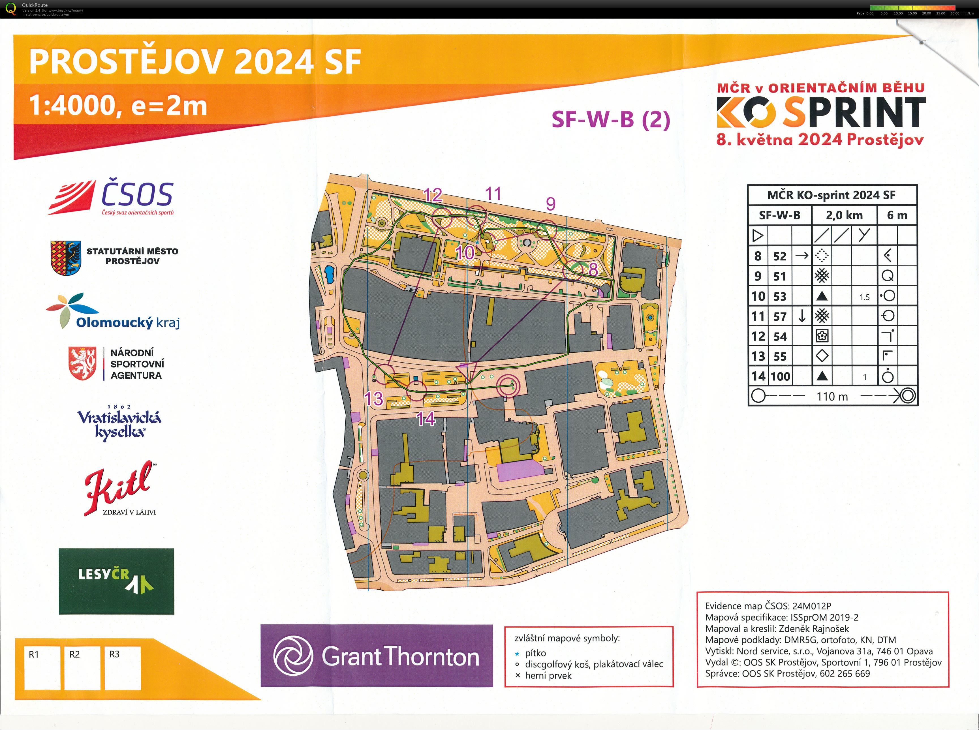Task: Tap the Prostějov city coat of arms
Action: click(x=65, y=258)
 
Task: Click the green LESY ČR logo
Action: click(x=116, y=581)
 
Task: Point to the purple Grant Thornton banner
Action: click(x=377, y=655)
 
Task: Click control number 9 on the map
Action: click(x=550, y=204)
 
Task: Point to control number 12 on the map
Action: click(x=432, y=195)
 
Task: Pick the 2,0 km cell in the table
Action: click(x=844, y=215)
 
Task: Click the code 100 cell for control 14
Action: click(x=780, y=376)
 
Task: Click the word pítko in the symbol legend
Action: click(x=535, y=653)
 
